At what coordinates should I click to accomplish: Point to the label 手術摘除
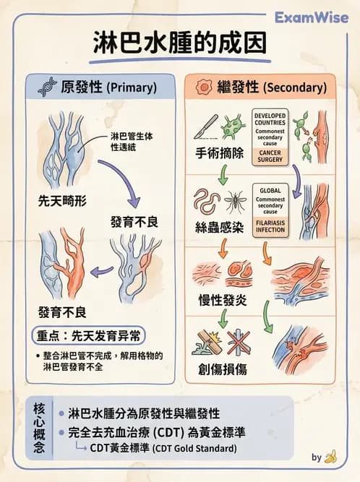click(220, 154)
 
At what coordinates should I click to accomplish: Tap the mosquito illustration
click(236, 199)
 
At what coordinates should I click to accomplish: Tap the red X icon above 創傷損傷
click(239, 342)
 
